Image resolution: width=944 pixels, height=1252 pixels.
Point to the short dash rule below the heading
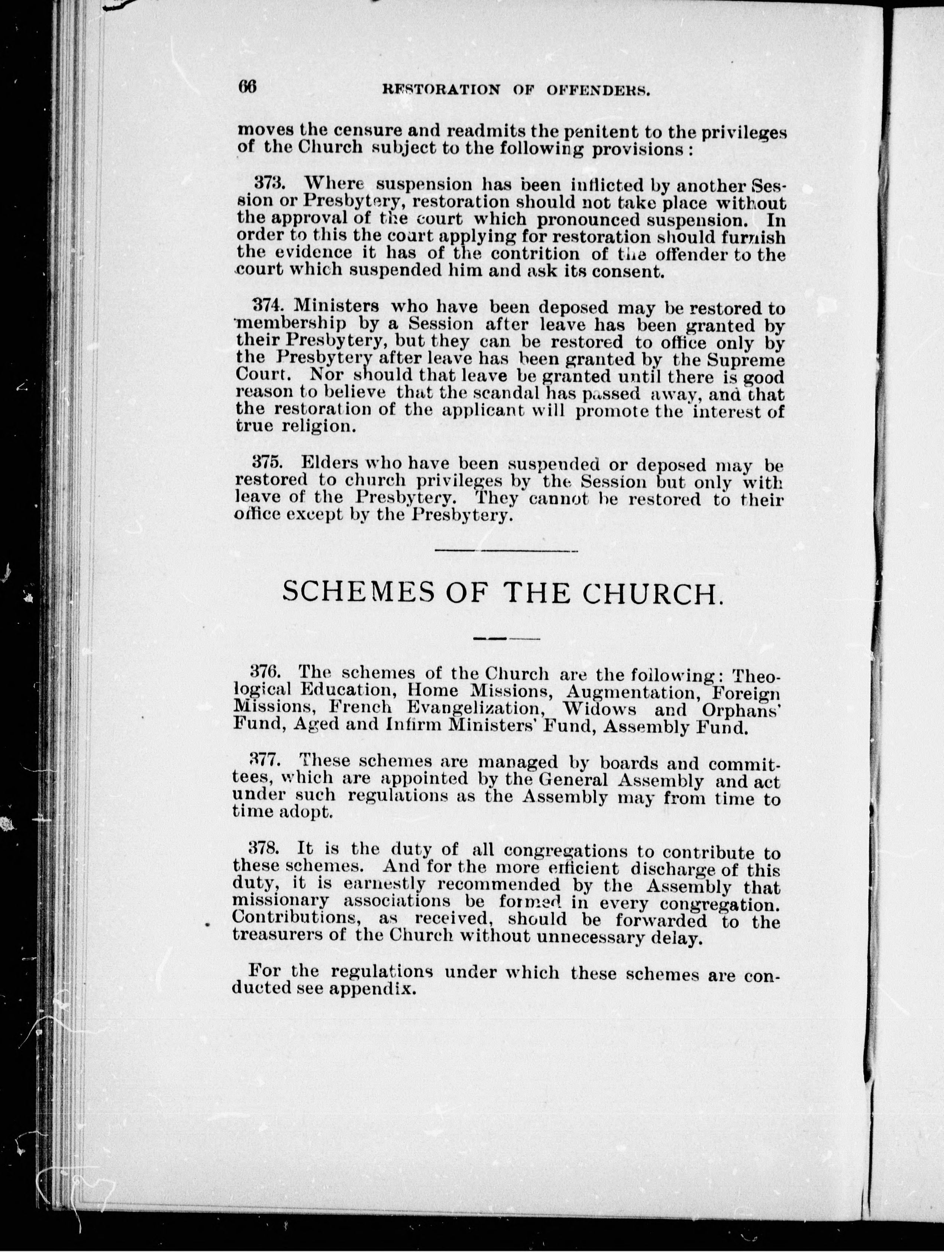point(505,638)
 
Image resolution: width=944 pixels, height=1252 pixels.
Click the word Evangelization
point(482,709)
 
